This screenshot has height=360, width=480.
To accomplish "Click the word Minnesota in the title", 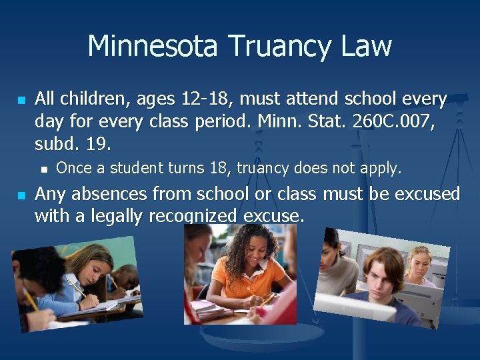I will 153,46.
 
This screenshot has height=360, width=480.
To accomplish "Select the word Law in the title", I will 366,46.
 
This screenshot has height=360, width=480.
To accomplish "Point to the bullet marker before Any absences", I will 21,195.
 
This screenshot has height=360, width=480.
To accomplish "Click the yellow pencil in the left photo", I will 30,298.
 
